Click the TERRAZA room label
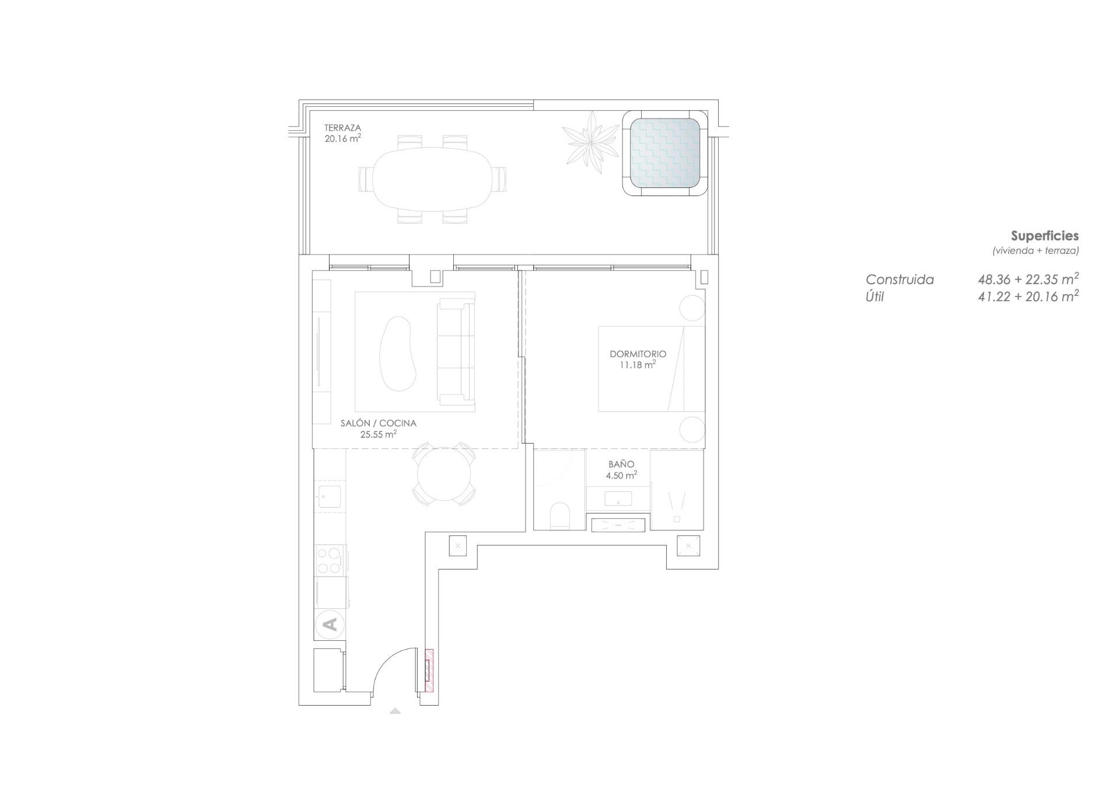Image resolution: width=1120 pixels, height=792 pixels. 342,128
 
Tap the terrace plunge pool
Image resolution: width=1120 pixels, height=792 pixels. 665,153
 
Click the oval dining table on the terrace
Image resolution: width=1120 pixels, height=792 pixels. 432,179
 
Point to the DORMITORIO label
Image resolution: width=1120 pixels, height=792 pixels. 638,354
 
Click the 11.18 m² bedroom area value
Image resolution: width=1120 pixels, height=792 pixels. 638,365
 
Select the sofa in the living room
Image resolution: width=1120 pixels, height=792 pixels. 456,352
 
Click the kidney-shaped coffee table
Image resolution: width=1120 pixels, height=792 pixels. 398,354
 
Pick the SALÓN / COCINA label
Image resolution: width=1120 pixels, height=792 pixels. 378,424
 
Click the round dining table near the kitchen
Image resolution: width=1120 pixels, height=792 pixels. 444,474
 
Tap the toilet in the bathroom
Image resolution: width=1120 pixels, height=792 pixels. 559,515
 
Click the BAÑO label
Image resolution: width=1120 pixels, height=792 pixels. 621,465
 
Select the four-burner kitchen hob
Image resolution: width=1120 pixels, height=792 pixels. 329,560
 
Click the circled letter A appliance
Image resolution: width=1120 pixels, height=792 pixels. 330,624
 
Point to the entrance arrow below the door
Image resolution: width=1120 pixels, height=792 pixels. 395,711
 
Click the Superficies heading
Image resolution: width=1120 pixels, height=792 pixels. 1044,236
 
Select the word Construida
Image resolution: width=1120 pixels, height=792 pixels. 900,280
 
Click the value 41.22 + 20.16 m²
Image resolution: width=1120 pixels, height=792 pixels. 1028,296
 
